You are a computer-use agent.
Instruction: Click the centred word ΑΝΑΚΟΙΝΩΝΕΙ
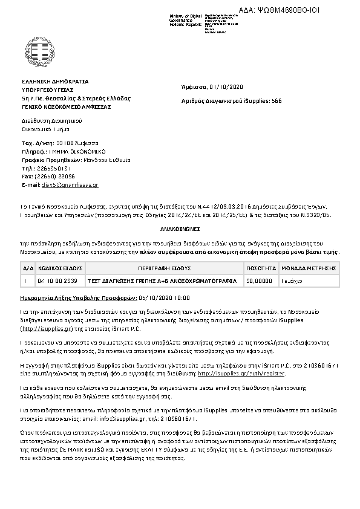coord(180,231)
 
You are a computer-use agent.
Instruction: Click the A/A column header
coord(28,267)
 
